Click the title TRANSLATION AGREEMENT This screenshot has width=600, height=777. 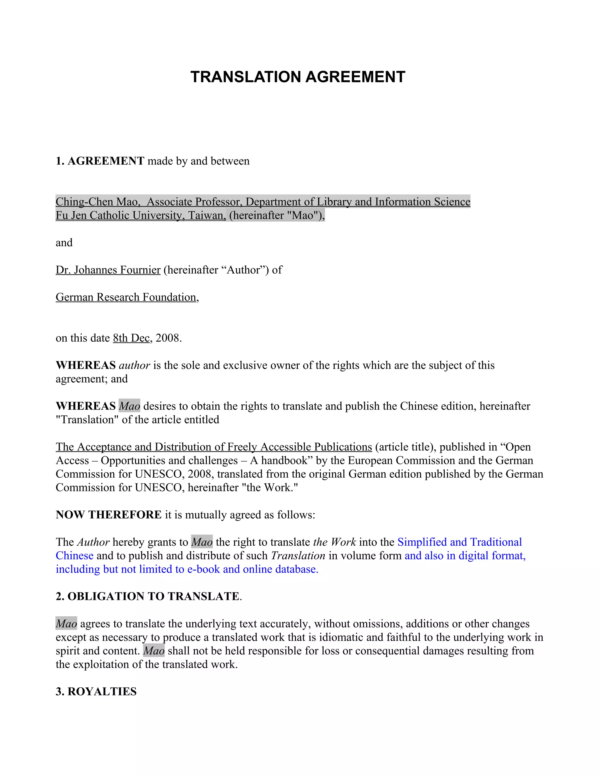pyautogui.click(x=298, y=77)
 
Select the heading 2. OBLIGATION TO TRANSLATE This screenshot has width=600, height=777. pyautogui.click(x=148, y=596)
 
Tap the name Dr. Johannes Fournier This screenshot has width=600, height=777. pyautogui.click(x=108, y=270)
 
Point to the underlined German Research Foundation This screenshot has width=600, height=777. pyautogui.click(x=126, y=297)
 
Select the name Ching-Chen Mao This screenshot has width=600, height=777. pyautogui.click(x=97, y=202)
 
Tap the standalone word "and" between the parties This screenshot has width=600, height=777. pyautogui.click(x=64, y=243)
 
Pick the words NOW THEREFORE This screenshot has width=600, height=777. pyautogui.click(x=108, y=515)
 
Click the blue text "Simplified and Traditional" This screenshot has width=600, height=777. pyautogui.click(x=459, y=542)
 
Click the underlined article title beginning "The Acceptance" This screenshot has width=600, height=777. pyautogui.click(x=214, y=447)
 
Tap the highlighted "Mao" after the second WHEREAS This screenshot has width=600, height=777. pyautogui.click(x=129, y=406)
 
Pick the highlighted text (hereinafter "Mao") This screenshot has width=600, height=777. pyautogui.click(x=276, y=215)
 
